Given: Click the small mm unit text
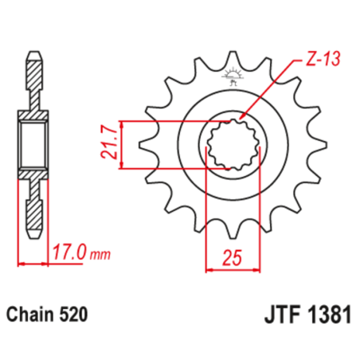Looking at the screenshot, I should [x=100, y=255].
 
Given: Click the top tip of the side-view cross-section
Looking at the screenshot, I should [x=33, y=53].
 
